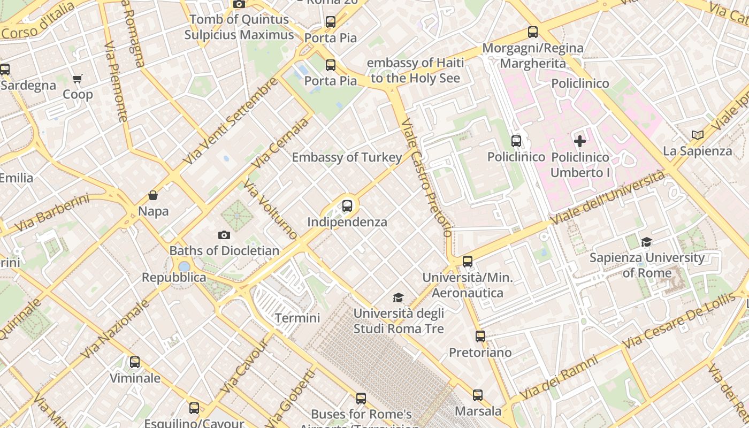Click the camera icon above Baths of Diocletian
(224, 235)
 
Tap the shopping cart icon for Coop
(78, 79)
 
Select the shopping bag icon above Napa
(153, 195)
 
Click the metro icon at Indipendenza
(347, 206)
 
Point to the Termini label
(297, 318)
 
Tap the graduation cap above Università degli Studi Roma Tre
(398, 297)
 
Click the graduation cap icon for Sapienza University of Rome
(647, 242)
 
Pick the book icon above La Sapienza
(697, 135)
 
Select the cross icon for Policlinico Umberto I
(580, 141)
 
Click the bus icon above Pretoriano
(480, 337)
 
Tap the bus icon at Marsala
(478, 395)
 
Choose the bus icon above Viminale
(135, 362)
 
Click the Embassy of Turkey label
(347, 157)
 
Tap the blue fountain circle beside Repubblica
(184, 266)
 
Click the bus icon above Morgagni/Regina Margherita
(533, 32)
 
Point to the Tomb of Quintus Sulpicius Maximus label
(239, 27)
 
